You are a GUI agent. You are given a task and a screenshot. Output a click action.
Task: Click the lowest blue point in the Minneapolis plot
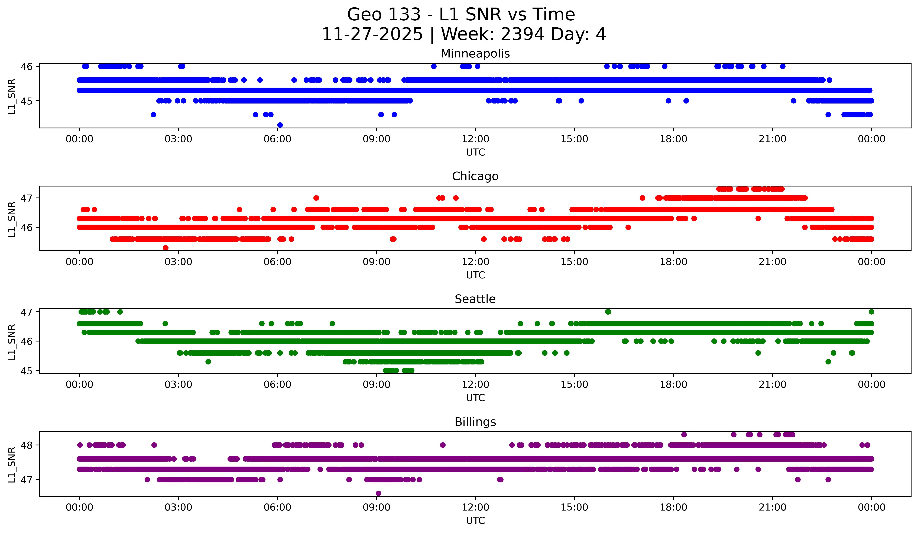(280, 125)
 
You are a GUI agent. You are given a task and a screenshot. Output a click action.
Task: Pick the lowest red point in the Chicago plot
(166, 248)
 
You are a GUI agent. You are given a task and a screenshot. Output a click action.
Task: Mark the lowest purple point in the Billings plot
(378, 493)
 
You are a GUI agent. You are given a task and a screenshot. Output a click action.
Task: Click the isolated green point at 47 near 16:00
(608, 312)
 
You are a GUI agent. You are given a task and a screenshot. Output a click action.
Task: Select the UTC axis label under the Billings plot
(475, 521)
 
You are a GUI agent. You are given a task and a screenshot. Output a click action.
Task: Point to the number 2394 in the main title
(522, 34)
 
